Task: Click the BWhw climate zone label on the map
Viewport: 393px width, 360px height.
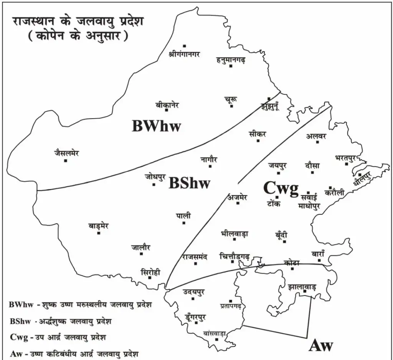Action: [x=156, y=126]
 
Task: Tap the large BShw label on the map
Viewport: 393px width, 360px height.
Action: [x=189, y=183]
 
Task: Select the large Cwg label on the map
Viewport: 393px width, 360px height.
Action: [x=281, y=189]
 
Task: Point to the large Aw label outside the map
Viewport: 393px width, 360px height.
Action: [x=321, y=345]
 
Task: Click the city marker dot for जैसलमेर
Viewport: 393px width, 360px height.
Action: [x=66, y=160]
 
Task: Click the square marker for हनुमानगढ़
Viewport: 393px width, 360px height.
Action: [x=231, y=66]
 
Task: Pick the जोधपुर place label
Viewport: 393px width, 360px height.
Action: [x=155, y=177]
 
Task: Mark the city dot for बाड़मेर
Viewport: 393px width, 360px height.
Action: [x=99, y=233]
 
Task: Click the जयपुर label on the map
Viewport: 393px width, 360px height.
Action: [x=277, y=166]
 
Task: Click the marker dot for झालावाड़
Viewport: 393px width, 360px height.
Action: [x=305, y=292]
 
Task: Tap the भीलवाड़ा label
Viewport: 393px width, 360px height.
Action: [x=235, y=233]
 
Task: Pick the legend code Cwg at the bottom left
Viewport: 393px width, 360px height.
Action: [x=18, y=337]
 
